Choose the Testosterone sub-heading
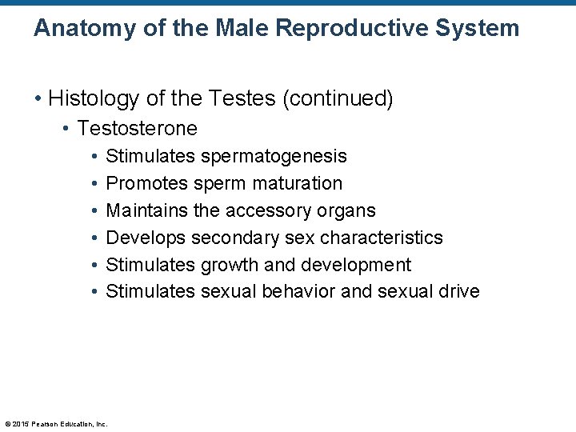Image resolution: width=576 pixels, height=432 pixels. pos(137,128)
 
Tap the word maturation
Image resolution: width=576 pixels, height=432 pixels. pos(297,183)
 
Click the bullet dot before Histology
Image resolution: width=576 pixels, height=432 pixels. pos(38,99)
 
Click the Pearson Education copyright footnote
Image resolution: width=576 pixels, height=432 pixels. pos(56,423)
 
